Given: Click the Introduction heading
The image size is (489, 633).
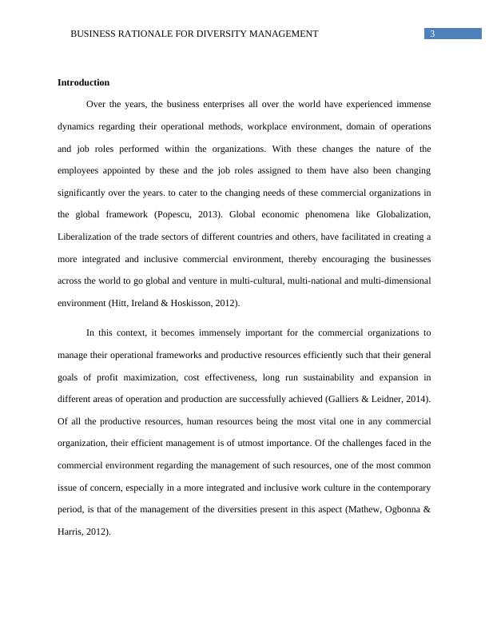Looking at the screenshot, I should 83,82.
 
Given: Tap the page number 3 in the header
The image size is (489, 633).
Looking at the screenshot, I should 432,34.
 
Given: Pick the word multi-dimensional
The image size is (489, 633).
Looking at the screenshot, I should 392,281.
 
